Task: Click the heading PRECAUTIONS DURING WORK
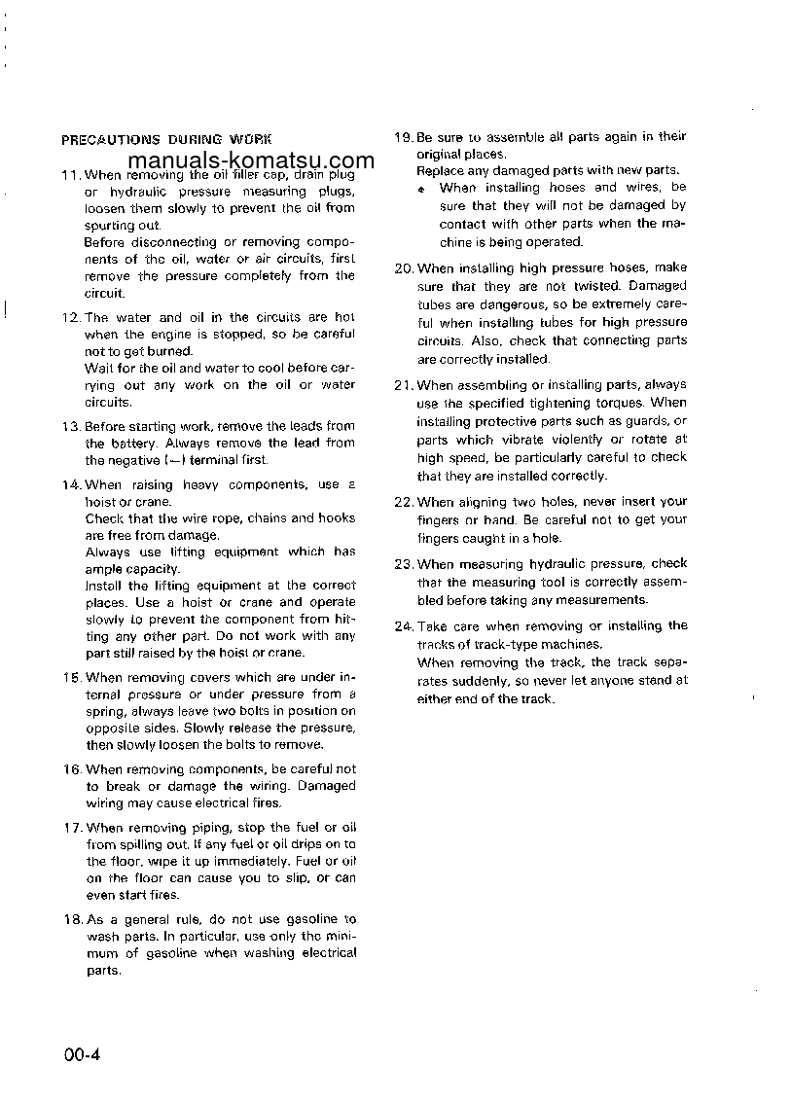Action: coord(166,140)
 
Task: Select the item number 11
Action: coord(70,176)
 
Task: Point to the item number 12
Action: coord(70,318)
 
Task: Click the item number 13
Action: coord(70,426)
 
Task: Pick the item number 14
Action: coord(70,484)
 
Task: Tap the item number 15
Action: coord(70,677)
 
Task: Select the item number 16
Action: coord(70,769)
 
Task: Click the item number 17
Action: coord(70,828)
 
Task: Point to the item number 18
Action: coord(70,919)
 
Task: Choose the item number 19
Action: coord(404,138)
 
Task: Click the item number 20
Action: coord(404,267)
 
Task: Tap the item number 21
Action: coord(404,385)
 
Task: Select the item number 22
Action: coord(404,502)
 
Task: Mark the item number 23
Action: coord(404,564)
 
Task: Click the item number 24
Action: coord(404,626)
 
